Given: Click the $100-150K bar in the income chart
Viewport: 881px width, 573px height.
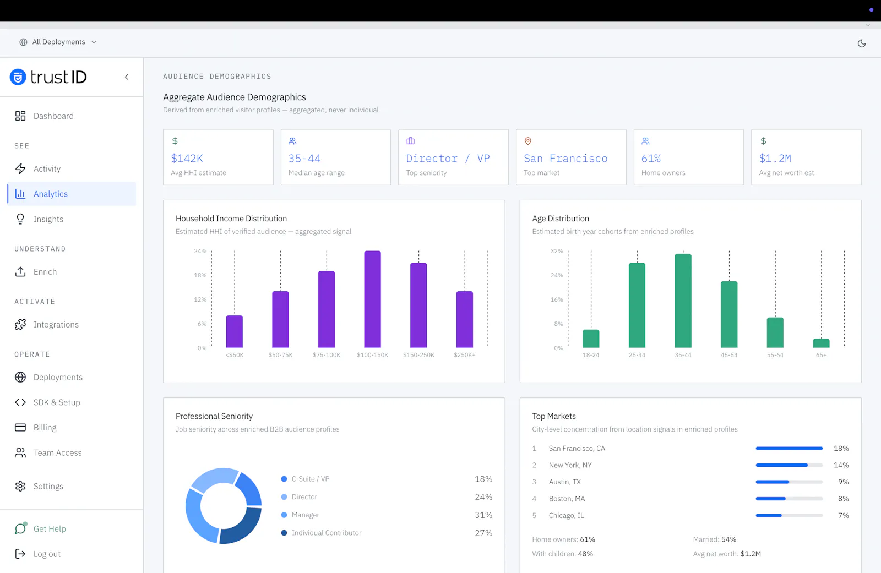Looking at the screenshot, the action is [372, 299].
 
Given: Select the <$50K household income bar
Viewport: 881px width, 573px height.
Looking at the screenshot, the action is [235, 331].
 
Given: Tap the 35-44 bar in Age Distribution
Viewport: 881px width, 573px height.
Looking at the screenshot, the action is [683, 301].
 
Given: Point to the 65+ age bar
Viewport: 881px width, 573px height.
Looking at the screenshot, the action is [821, 343].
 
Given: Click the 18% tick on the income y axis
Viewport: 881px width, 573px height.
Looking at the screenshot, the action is [200, 275].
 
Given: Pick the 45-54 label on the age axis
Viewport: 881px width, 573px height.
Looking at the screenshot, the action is [729, 354].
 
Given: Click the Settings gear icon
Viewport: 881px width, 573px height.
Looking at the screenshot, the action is [20, 486].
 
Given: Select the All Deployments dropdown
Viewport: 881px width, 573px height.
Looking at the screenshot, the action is [58, 42].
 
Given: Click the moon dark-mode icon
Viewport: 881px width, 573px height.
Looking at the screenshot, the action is [861, 43].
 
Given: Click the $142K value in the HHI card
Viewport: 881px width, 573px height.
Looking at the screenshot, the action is [187, 158].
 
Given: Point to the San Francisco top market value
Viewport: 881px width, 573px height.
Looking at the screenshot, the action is [565, 158].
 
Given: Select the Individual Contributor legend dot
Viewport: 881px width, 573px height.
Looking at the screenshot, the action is [284, 533].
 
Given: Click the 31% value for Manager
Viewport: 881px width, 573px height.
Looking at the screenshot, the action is [483, 515].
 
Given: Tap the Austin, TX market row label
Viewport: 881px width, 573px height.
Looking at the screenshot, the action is [565, 482].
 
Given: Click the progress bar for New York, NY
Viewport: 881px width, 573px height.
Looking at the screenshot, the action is [789, 465].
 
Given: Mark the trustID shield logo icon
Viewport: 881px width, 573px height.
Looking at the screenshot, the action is [18, 77].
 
